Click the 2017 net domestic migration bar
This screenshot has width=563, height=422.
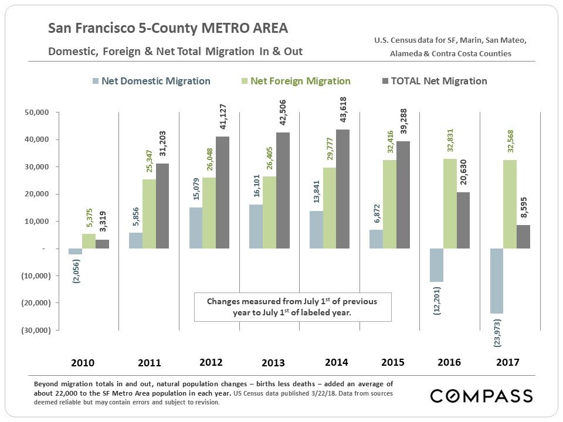[496, 281]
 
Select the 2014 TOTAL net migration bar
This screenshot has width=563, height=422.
[343, 189]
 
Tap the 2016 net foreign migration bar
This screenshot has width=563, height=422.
[450, 203]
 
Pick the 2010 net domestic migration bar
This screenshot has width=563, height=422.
[76, 251]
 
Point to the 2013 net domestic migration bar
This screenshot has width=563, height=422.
[256, 226]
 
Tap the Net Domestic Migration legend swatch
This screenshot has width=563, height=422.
[96, 81]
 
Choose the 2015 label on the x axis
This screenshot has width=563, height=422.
[392, 362]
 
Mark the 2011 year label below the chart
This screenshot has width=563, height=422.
[150, 363]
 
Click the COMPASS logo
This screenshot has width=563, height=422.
[481, 396]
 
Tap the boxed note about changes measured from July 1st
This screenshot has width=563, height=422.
[293, 307]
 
